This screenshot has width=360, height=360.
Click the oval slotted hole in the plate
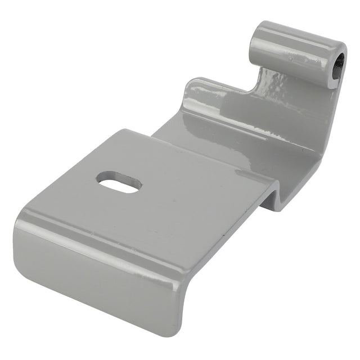[x=119, y=182]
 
